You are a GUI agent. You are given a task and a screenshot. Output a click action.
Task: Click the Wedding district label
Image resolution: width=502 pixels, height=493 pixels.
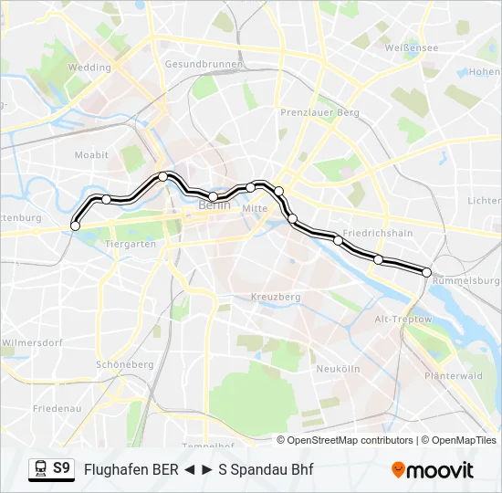coord(89,68)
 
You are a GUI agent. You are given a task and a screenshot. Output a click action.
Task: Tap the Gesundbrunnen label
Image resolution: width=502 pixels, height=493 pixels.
coord(204,64)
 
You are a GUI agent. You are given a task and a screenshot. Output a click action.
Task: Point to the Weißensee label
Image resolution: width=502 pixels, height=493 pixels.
coord(407,47)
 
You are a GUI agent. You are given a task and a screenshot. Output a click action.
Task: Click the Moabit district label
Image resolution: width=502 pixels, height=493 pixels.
coord(91,155)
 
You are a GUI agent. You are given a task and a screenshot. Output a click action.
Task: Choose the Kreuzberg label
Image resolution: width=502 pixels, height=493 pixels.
coord(276,297)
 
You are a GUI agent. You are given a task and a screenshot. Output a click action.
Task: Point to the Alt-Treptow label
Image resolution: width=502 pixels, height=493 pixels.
coord(403,320)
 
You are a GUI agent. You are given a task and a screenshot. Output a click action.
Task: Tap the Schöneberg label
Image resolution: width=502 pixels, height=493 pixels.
coord(125,364)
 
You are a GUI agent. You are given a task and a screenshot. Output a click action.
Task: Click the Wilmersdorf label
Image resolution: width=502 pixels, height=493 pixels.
coord(31,343)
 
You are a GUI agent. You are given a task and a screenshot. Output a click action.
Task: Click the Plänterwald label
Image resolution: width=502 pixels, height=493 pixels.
coord(454,375)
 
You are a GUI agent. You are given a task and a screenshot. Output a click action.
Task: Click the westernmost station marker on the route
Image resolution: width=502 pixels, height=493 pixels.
coord(75,226)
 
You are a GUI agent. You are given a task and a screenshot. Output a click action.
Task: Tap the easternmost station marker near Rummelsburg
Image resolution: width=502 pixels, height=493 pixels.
coord(426,272)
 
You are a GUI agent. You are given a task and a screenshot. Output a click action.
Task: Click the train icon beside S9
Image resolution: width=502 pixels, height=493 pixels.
coord(39,469)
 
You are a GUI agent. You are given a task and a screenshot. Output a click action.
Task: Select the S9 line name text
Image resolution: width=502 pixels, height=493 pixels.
coord(61,469)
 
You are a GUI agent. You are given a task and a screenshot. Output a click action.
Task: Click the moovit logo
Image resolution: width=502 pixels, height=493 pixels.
coord(433,470)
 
